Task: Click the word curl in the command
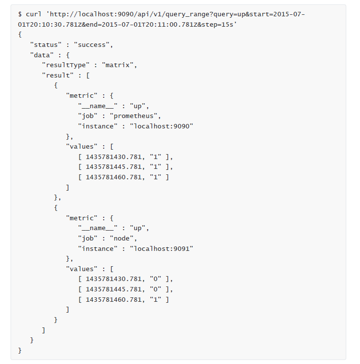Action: [34, 14]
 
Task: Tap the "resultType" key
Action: [66, 65]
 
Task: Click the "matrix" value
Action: [118, 65]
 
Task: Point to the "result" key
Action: [58, 76]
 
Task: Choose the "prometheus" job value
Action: [134, 116]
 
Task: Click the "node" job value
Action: [121, 239]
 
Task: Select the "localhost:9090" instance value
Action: [161, 126]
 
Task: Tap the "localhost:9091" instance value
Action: [161, 249]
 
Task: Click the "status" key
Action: [46, 45]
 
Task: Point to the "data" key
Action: [42, 55]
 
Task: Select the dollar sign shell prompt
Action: [20, 14]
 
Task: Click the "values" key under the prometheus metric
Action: [81, 147]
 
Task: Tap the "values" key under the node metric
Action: [81, 269]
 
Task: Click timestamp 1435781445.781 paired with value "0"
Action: [114, 289]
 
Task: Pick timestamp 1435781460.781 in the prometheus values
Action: [114, 177]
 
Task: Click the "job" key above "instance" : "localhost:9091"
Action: [88, 239]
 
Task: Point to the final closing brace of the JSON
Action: [20, 351]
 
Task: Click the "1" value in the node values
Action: [156, 300]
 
